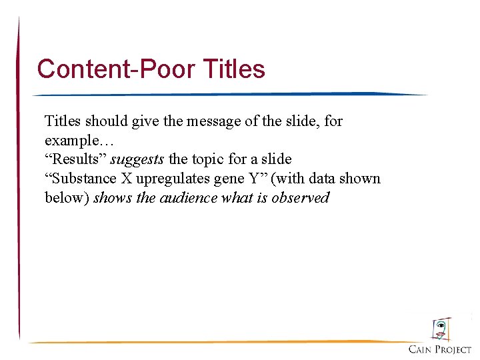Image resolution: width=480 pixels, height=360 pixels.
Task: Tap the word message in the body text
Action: point(204,121)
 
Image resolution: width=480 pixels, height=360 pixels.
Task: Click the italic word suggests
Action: point(137,159)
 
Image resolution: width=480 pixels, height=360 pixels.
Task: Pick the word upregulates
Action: point(170,179)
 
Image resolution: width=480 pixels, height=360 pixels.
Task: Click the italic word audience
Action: point(188,198)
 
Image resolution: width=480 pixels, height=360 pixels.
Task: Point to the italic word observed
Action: point(301,198)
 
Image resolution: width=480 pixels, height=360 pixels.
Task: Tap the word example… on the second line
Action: point(71,141)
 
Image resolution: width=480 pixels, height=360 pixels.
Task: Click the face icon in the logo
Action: point(441,329)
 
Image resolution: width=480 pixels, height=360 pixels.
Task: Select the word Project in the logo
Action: point(454,350)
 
